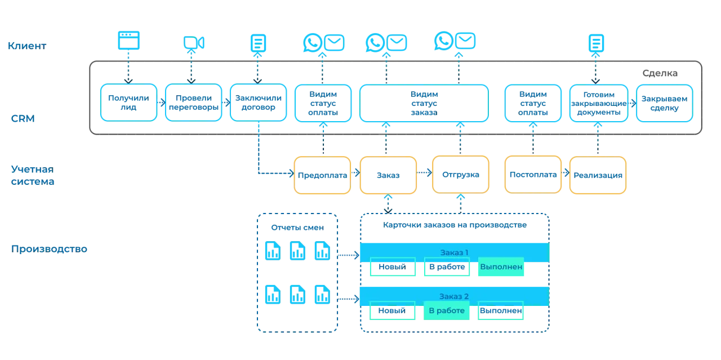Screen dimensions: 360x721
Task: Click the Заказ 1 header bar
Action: click(x=454, y=252)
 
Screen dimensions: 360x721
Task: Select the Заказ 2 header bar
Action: click(x=454, y=295)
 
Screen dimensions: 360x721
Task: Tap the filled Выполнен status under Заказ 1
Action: click(x=501, y=268)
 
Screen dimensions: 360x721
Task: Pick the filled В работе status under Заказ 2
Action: click(x=447, y=310)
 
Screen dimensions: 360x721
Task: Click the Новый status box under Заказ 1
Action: click(x=393, y=268)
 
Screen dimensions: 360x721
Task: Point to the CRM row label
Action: click(x=23, y=119)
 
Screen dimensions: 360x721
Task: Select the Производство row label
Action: click(x=50, y=248)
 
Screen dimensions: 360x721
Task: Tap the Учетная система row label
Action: click(x=33, y=174)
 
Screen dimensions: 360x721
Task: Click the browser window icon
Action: click(x=130, y=41)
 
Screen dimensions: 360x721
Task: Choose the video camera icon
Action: click(x=193, y=43)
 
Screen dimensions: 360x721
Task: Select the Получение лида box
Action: click(x=129, y=102)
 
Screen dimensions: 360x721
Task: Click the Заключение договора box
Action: click(x=257, y=102)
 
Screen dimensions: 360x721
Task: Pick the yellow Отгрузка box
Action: click(x=461, y=175)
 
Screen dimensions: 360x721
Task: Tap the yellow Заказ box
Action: click(x=388, y=175)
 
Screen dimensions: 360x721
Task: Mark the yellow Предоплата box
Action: click(x=322, y=175)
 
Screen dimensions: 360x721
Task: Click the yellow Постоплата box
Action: click(x=533, y=175)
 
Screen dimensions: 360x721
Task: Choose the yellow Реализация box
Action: click(x=598, y=175)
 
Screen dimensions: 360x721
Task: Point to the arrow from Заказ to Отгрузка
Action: click(x=424, y=175)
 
